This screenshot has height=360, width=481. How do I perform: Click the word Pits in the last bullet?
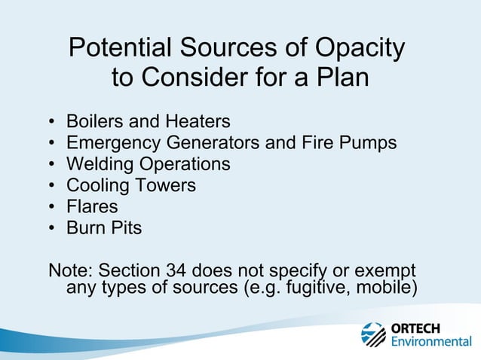click(x=124, y=227)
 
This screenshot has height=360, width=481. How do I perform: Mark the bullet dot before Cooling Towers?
click(x=51, y=185)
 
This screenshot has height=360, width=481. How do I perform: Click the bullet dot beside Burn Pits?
click(x=51, y=227)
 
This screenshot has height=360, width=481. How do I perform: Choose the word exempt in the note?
click(x=384, y=270)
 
